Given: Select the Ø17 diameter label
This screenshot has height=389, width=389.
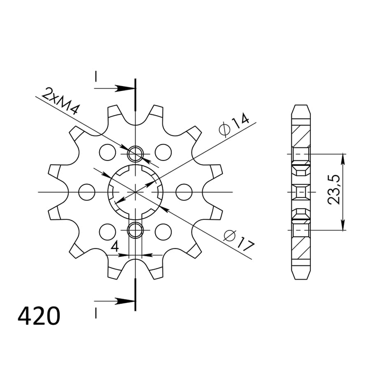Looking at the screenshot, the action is click(239, 241).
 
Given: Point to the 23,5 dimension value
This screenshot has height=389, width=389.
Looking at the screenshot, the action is click(333, 190).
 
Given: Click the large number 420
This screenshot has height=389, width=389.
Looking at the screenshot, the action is click(39, 316).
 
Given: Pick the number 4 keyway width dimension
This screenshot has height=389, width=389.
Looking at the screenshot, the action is click(114, 247).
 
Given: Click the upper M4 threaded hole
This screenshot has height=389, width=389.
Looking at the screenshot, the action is click(135, 154).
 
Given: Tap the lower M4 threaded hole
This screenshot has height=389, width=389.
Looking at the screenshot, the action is click(135, 230).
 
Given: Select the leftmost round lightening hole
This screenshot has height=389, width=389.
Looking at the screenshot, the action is click(87, 192).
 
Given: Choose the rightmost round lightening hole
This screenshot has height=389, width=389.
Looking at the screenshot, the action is click(184, 192).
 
